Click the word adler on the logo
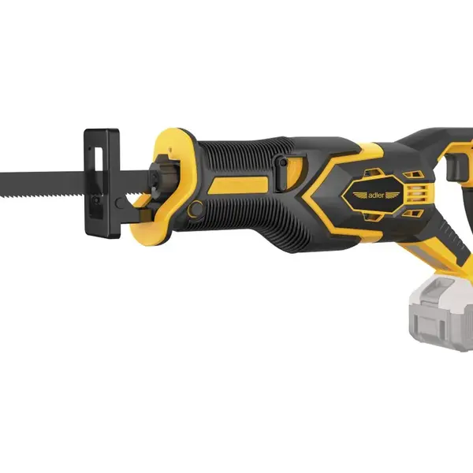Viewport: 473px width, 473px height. tap(376, 196)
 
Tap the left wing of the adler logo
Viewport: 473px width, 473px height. tap(360, 196)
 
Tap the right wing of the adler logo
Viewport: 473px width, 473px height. tap(393, 195)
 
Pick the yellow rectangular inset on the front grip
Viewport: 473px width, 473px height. tap(238, 184)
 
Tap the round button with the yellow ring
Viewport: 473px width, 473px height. tap(196, 208)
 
